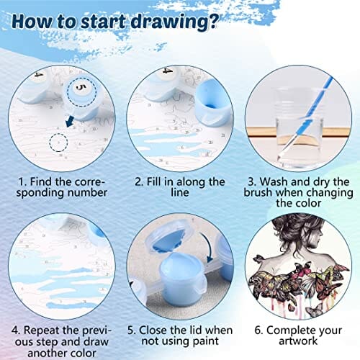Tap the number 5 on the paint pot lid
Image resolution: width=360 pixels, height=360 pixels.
[81, 88]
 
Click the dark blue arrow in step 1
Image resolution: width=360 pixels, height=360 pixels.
[70, 121]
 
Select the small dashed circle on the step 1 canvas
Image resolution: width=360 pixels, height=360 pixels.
[58, 143]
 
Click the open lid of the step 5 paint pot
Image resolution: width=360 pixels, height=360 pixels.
[171, 238]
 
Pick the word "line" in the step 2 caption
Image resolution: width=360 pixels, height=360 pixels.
[180, 193]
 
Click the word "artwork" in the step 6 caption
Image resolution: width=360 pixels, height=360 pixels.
[298, 341]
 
